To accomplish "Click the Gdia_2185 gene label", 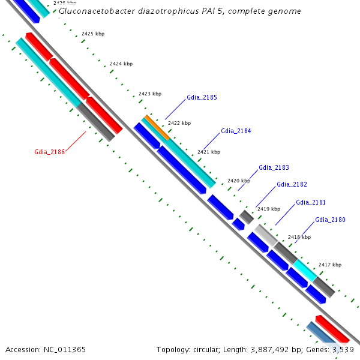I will tap(202, 97).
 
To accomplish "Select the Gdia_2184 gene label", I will tap(236, 131).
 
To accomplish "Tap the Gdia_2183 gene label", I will tap(274, 167).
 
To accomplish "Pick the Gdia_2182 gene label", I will tap(292, 185).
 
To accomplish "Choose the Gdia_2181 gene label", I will tap(311, 202).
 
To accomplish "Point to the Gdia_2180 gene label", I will tap(330, 220).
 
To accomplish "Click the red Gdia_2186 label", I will tap(49, 152).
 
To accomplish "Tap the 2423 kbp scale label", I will tap(149, 94).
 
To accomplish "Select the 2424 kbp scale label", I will tap(121, 64).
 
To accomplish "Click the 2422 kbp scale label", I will tap(179, 123).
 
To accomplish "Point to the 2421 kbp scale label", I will tap(208, 152).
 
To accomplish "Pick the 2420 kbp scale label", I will tap(238, 181).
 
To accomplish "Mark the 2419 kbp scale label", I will tap(268, 209).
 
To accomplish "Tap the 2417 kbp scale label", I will tap(329, 265).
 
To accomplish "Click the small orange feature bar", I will tap(157, 128).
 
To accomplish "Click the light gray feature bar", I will tap(265, 234).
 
